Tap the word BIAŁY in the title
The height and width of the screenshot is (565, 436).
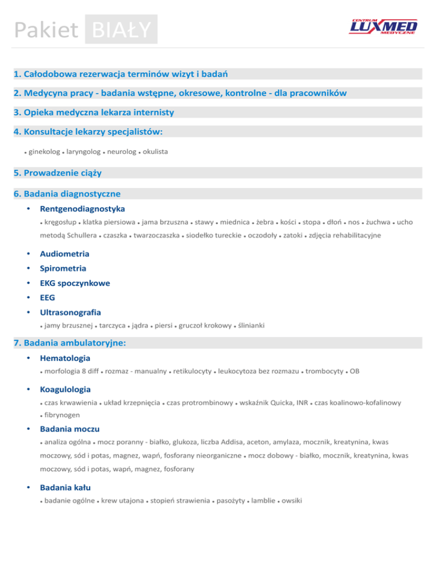121,30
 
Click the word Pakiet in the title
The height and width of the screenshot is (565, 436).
48,30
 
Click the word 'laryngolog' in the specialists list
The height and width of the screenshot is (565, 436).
84,152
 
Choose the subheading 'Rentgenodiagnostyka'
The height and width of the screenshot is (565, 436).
83,209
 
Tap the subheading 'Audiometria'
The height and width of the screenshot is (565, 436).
64,254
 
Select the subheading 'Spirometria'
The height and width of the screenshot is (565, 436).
63,268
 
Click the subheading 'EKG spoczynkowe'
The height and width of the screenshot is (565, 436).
75,283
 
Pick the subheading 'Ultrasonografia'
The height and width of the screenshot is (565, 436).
70,312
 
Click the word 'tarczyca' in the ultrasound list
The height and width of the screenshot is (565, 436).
112,326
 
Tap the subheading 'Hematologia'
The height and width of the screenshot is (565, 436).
65,359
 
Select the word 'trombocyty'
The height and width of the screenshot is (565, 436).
324,372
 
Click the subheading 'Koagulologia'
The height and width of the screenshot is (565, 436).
66,390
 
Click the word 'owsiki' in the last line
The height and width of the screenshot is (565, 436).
292,501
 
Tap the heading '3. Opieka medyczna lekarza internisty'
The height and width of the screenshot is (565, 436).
94,112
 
